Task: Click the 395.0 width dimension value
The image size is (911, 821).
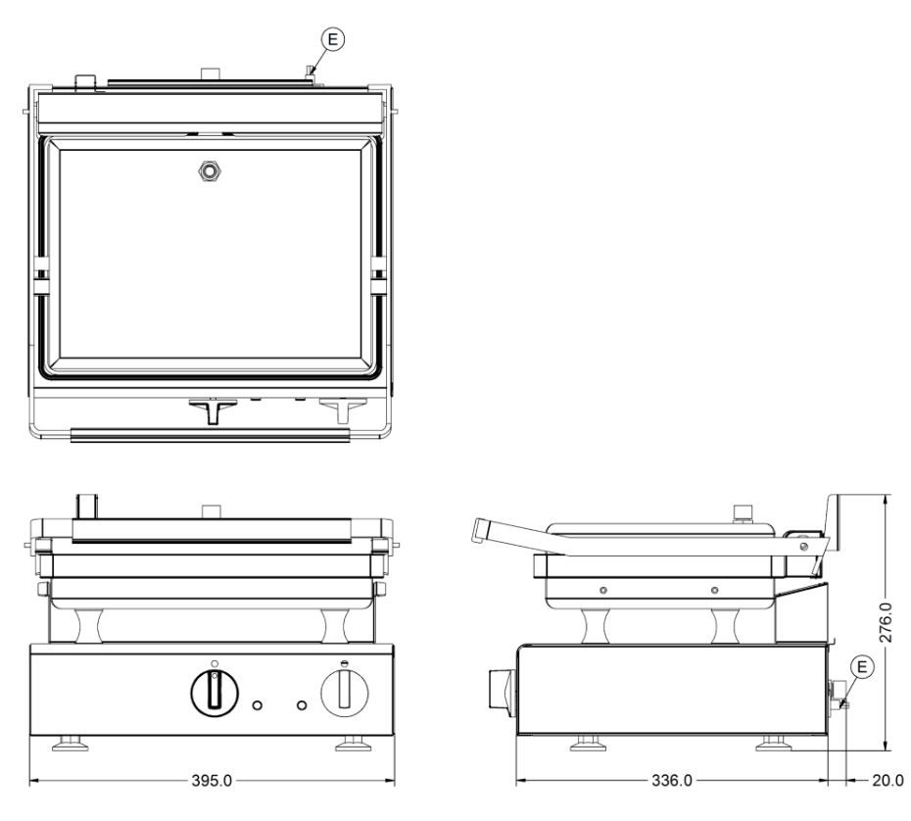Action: coord(212,780)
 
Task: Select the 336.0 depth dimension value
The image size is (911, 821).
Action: coord(672,780)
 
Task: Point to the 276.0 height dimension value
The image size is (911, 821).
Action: coord(885,622)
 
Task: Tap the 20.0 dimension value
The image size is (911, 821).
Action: coord(887,780)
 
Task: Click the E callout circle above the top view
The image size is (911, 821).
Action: coord(333,39)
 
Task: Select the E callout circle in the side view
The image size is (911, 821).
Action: coord(862,666)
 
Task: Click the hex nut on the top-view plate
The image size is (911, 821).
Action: coord(211,170)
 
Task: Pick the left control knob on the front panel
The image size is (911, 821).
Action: coord(215,692)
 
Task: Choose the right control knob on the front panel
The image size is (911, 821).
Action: coord(345,692)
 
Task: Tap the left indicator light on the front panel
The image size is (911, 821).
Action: coord(257,705)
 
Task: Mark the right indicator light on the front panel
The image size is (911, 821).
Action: coord(302,705)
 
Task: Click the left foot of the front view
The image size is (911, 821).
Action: coord(71,744)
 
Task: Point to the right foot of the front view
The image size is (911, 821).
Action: coord(354,744)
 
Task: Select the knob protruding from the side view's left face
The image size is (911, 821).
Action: coord(502,689)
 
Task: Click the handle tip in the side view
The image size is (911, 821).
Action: coord(481,530)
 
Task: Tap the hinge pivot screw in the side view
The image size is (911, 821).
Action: coord(803,546)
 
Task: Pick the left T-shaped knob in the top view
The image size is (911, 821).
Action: coord(213,410)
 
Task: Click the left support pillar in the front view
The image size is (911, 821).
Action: coord(89,625)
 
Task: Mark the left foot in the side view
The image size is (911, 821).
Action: coord(588,744)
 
